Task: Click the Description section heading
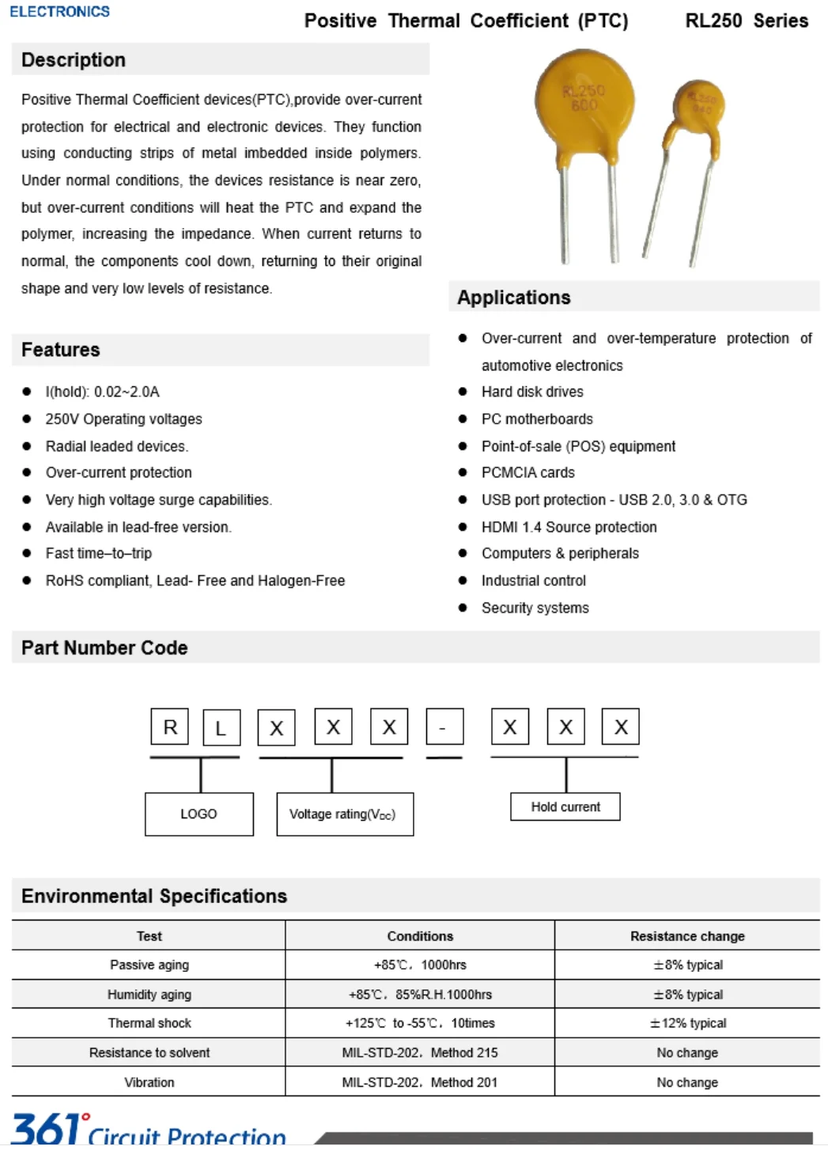[74, 60]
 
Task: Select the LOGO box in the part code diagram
[198, 814]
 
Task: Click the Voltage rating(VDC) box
[344, 814]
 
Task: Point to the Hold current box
[565, 807]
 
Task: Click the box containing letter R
[170, 727]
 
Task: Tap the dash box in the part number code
[444, 727]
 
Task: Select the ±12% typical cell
[687, 1023]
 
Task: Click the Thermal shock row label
[149, 1023]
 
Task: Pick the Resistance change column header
[687, 936]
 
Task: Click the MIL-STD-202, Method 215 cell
[420, 1053]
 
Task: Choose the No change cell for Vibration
[687, 1082]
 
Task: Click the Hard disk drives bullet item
[532, 392]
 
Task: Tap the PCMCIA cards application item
[527, 473]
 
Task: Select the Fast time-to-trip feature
[99, 553]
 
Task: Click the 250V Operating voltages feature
[123, 419]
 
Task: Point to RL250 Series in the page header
[746, 21]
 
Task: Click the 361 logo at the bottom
[47, 1129]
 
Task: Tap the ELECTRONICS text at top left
[59, 11]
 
